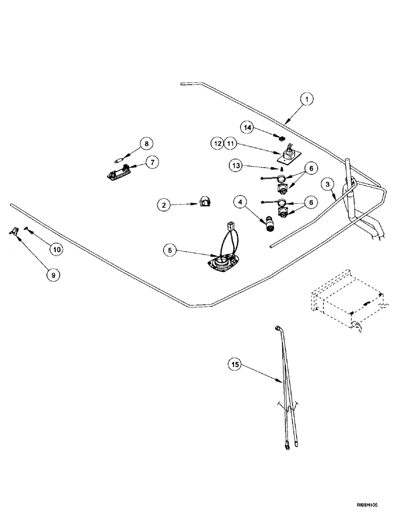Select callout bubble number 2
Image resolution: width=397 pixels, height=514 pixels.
point(164,205)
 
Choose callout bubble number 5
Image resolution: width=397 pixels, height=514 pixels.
point(171,251)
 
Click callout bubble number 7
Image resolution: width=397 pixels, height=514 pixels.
point(151,162)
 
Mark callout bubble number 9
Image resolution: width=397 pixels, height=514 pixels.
point(52,275)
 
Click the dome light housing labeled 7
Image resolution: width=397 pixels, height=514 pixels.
point(116,174)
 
